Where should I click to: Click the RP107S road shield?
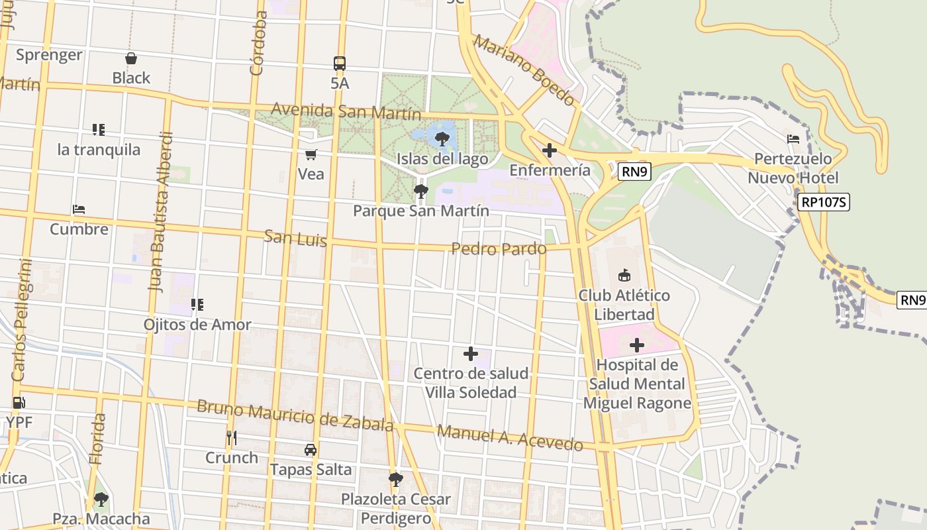pyautogui.click(x=823, y=203)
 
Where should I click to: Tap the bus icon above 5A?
pyautogui.click(x=340, y=64)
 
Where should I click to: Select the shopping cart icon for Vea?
pyautogui.click(x=311, y=155)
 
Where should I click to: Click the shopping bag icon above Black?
pyautogui.click(x=131, y=59)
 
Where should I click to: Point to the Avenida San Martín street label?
pyautogui.click(x=346, y=111)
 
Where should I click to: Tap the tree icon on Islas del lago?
pyautogui.click(x=442, y=139)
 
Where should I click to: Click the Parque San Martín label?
pyautogui.click(x=421, y=211)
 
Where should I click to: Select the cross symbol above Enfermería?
pyautogui.click(x=549, y=151)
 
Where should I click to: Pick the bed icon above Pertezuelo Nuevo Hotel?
pyautogui.click(x=793, y=139)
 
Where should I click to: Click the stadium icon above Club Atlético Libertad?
pyautogui.click(x=624, y=275)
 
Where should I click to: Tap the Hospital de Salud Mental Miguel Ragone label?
pyautogui.click(x=637, y=384)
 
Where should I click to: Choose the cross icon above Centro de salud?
pyautogui.click(x=471, y=354)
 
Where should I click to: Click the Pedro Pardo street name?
pyautogui.click(x=499, y=249)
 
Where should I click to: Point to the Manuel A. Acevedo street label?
pyautogui.click(x=510, y=438)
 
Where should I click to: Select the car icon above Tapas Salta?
pyautogui.click(x=311, y=450)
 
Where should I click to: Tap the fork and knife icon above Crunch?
pyautogui.click(x=231, y=438)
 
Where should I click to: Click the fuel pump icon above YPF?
pyautogui.click(x=19, y=402)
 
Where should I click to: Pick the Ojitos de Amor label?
pyautogui.click(x=197, y=325)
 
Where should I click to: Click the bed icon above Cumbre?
pyautogui.click(x=79, y=209)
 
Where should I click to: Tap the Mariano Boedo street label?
pyautogui.click(x=524, y=71)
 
